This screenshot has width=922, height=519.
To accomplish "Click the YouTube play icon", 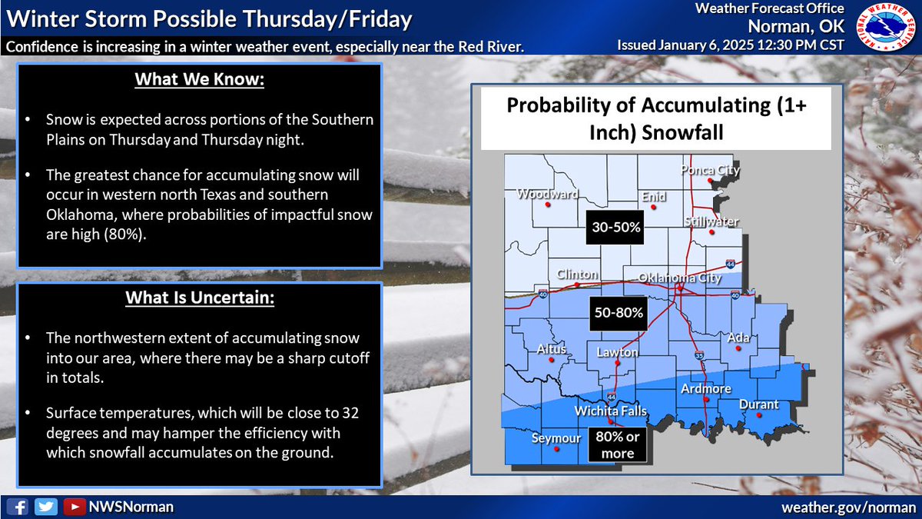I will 75,507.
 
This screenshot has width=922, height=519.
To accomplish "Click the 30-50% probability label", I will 616,228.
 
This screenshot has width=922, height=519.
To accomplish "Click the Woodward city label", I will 546,195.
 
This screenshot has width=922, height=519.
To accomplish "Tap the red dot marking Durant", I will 759,416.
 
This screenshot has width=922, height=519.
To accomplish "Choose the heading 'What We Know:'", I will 199,81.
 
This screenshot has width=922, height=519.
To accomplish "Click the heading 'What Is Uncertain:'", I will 199,298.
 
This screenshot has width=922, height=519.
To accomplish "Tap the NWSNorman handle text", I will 130,507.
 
